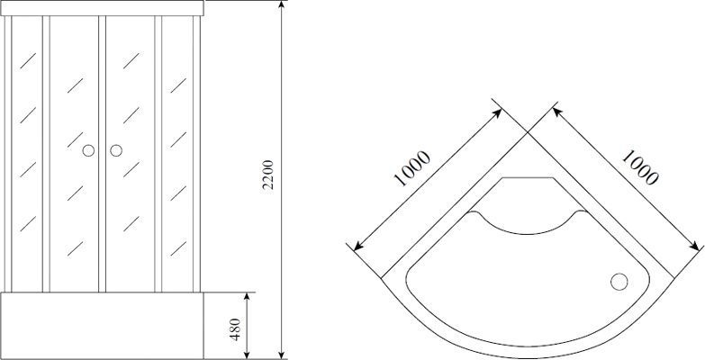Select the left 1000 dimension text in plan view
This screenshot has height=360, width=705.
click(412, 168)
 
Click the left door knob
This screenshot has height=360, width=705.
click(88, 151)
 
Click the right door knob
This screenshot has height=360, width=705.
click(115, 151)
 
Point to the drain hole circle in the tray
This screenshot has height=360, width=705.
click(619, 282)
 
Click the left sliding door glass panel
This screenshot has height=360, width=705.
click(75, 153)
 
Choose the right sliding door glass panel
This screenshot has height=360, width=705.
click(130, 153)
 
